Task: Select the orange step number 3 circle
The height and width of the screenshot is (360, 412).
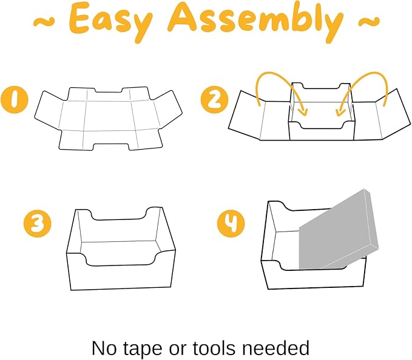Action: (38, 224)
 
